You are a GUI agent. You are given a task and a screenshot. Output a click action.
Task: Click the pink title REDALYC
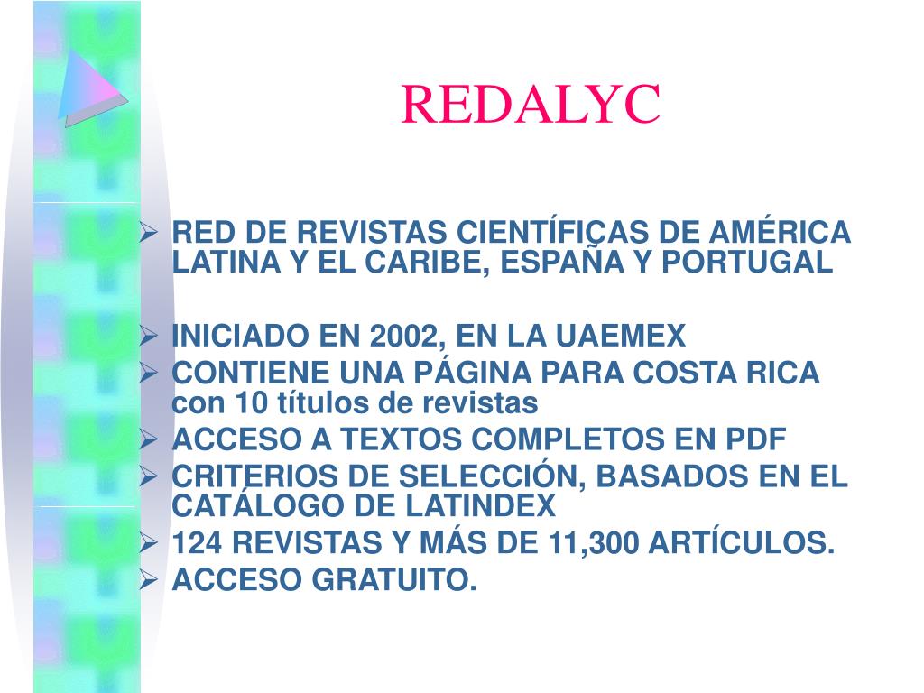(x=531, y=106)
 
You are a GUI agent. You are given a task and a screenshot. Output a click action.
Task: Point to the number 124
(x=201, y=544)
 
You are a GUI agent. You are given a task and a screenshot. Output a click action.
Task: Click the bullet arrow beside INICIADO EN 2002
(x=150, y=337)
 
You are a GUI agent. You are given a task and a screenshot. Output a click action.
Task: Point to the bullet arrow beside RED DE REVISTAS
(x=150, y=232)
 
